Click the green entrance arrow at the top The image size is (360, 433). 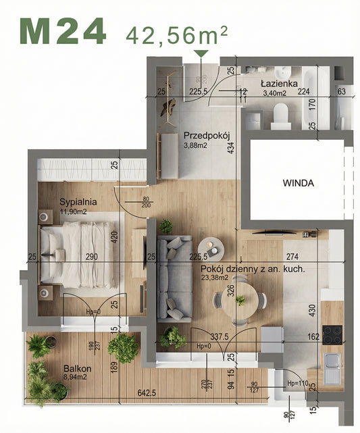(x=201, y=53)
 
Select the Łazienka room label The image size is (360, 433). (x=280, y=84)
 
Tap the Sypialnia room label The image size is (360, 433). (x=78, y=201)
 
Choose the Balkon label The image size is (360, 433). (x=78, y=369)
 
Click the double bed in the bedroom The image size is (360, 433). (x=76, y=255)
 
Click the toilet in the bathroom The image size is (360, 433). (x=279, y=120)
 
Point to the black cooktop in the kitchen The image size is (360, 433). (x=333, y=334)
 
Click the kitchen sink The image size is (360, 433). (x=332, y=369)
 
